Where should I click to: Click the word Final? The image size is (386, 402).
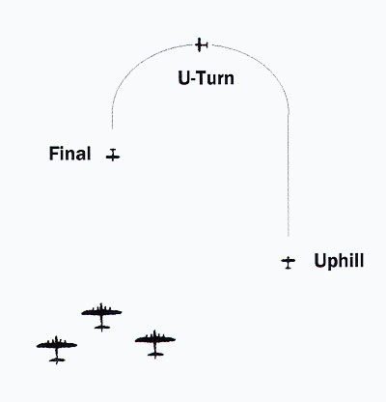[x=69, y=154]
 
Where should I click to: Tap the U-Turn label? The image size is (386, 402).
[x=206, y=78]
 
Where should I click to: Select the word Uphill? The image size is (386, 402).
[x=339, y=261]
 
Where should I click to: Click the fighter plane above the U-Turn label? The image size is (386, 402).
[x=202, y=44]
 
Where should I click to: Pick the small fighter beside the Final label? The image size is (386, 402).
[x=113, y=155]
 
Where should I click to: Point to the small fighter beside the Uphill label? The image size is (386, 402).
[x=289, y=262]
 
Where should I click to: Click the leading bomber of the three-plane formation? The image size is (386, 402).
[x=101, y=317]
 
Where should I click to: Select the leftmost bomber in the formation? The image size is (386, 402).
[x=57, y=350]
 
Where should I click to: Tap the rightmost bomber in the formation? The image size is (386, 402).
[x=155, y=344]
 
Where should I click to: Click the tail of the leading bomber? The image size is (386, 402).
[x=102, y=328]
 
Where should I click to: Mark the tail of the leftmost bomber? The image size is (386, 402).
[x=57, y=360]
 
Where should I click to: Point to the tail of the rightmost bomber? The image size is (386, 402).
[x=155, y=355]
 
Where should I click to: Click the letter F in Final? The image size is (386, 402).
[x=54, y=154]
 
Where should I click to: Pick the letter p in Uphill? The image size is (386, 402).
[x=330, y=264]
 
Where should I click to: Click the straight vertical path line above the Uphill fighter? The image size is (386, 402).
[x=288, y=175]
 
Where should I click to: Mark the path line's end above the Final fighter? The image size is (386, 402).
[x=112, y=129]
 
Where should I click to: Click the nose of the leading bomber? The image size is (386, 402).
[x=101, y=303]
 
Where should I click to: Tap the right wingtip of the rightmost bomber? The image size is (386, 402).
[x=175, y=339]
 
